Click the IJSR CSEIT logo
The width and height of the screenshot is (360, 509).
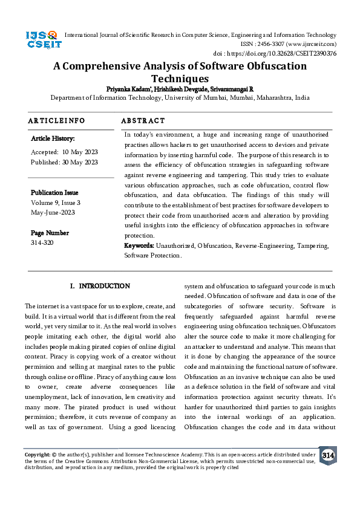[42, 41]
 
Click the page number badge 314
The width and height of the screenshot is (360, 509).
[327, 455]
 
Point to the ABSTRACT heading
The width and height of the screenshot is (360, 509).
[143, 121]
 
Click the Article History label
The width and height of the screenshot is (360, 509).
[53, 139]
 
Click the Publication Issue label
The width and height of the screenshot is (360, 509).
[54, 192]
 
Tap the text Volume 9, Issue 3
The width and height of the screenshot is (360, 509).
[56, 203]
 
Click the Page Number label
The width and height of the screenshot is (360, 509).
[50, 233]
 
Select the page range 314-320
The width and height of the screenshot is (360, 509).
[42, 242]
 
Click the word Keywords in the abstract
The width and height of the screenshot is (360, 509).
[139, 246]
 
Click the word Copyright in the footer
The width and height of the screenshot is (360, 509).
[37, 453]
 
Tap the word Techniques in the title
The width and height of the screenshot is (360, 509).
[180, 79]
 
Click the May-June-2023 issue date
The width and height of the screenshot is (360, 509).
[53, 213]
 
